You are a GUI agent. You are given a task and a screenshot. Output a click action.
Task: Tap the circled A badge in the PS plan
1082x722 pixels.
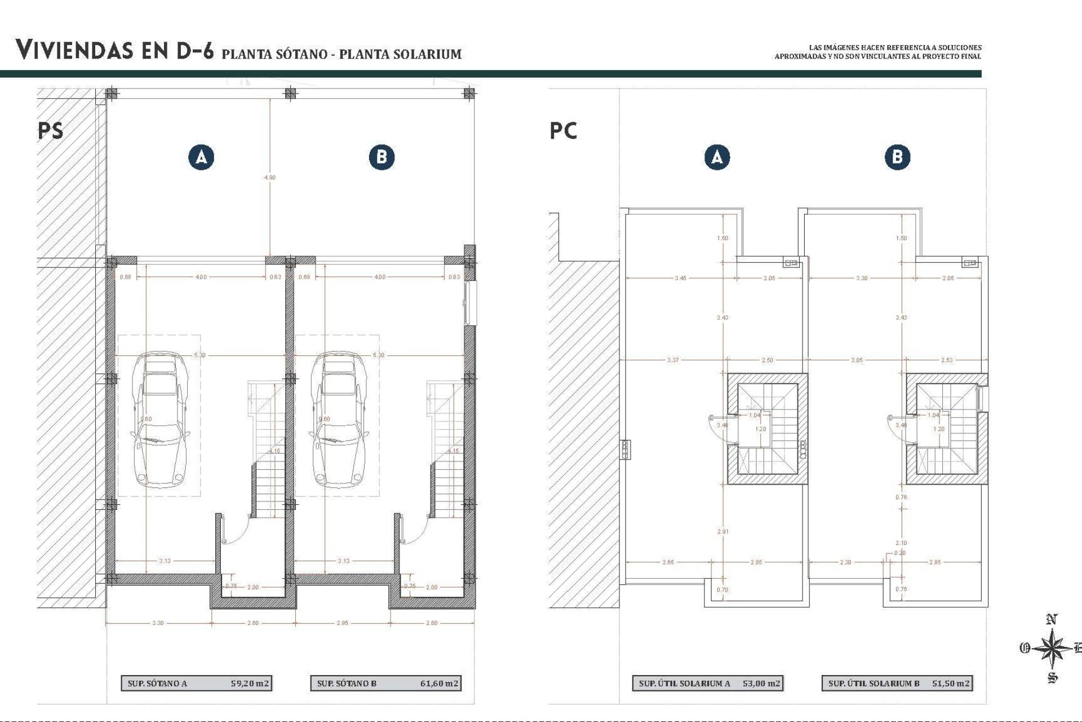coord(201,157)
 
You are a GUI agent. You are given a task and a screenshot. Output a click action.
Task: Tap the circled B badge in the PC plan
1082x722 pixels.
coord(897,157)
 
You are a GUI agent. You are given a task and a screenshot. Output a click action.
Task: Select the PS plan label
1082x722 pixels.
coord(50,130)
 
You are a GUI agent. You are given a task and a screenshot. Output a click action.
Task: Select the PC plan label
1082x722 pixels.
coord(563,130)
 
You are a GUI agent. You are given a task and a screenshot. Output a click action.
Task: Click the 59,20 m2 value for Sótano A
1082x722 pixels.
coord(250,683)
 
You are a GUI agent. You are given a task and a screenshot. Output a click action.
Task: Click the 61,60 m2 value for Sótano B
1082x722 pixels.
coord(439,683)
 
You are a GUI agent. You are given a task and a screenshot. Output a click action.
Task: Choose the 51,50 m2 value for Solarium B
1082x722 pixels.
coord(951,683)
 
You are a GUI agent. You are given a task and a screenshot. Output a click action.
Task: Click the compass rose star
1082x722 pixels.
coord(1051,649)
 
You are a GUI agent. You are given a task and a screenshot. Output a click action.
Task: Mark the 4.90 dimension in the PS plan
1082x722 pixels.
coord(270,177)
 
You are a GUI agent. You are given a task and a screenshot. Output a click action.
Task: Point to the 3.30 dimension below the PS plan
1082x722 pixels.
coord(158,623)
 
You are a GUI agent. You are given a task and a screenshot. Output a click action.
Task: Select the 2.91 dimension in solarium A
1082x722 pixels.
coord(722,531)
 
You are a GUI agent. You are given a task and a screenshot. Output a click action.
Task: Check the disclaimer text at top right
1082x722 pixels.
coord(877,52)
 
